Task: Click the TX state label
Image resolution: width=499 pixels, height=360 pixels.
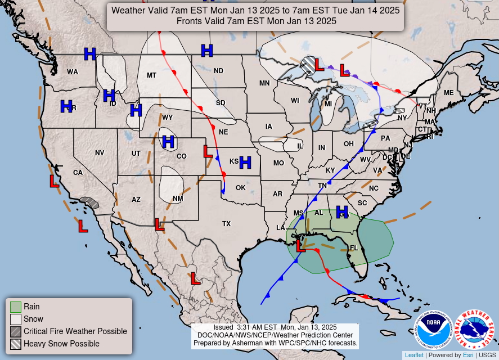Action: [226, 224]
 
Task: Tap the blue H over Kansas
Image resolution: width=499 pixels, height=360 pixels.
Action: [245, 163]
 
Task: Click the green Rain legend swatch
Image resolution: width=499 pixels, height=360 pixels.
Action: [16, 307]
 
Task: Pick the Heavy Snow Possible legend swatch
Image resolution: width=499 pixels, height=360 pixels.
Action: [16, 344]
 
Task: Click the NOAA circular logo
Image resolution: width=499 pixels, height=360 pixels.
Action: [434, 330]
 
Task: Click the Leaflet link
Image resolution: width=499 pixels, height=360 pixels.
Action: [413, 355]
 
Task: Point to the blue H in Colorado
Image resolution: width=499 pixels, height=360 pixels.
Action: [168, 142]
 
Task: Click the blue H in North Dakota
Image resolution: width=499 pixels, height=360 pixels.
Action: [207, 51]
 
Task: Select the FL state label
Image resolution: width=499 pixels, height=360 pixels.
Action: [353, 247]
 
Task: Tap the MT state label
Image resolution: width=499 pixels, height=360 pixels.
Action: [151, 75]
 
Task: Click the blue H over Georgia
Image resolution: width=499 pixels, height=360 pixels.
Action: [342, 211]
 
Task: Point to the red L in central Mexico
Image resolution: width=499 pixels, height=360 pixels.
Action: [195, 278]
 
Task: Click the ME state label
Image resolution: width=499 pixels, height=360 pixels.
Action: [448, 93]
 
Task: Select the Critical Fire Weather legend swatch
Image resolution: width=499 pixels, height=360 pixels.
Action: [16, 331]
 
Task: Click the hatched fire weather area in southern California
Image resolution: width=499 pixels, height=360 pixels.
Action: [89, 202]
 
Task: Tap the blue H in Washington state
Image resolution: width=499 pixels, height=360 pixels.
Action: [89, 54]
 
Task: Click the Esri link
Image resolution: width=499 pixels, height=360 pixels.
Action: [468, 355]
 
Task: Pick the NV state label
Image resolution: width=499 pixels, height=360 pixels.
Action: [100, 153]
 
